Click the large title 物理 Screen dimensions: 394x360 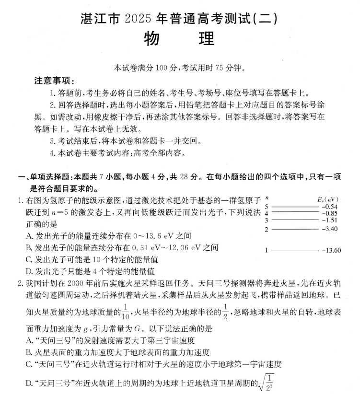[x=179, y=39]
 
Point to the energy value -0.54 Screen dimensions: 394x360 [x=331, y=207]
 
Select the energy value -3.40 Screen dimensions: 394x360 [x=331, y=229]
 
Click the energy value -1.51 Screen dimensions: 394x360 [x=331, y=220]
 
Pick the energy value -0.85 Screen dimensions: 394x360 [x=331, y=213]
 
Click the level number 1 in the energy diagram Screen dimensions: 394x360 [x=267, y=250]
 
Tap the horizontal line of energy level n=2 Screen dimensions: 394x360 [x=295, y=229]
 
